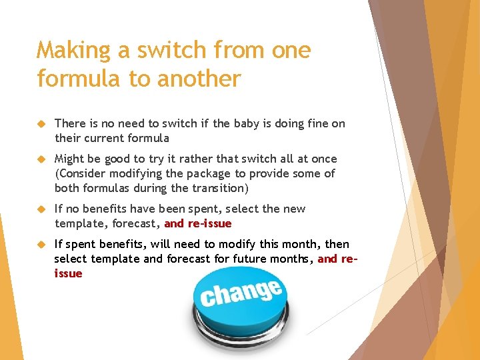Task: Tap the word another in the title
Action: (198, 79)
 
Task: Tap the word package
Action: (204, 173)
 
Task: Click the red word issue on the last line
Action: (69, 273)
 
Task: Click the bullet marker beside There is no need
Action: (41, 124)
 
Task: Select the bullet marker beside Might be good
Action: (41, 159)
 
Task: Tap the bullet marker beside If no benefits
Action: (41, 209)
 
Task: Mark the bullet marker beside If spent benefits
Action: (41, 245)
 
